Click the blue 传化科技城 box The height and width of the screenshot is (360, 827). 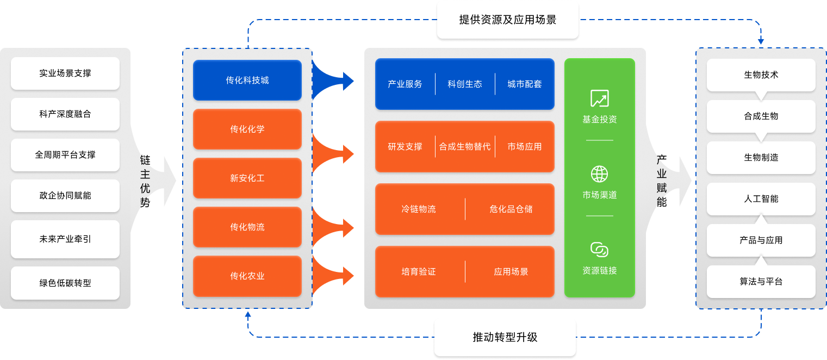tap(247, 80)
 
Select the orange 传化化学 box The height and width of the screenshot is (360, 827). tap(247, 129)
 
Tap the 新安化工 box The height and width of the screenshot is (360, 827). tap(247, 178)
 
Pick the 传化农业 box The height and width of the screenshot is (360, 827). tap(247, 276)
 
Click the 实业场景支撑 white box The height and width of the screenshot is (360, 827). tap(65, 73)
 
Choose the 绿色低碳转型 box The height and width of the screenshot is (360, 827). tap(65, 283)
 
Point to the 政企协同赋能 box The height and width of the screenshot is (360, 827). tap(65, 196)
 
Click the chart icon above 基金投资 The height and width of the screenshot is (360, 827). tap(600, 98)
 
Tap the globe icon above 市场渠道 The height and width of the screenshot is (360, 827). tap(600, 174)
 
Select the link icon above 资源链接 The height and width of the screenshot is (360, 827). tap(600, 250)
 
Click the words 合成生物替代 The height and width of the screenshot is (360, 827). tap(465, 147)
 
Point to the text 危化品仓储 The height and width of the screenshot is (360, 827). tap(511, 209)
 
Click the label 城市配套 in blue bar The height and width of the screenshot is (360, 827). tap(525, 84)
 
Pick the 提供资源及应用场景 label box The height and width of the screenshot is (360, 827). tap(508, 20)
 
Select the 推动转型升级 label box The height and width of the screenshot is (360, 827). tap(505, 337)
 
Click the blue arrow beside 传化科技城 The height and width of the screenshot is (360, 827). tap(333, 80)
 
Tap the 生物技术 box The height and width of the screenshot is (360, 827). tap(761, 75)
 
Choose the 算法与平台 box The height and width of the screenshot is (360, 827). tap(761, 282)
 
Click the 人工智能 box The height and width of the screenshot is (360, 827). tap(761, 199)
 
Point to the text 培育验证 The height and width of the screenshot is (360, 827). tap(419, 272)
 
